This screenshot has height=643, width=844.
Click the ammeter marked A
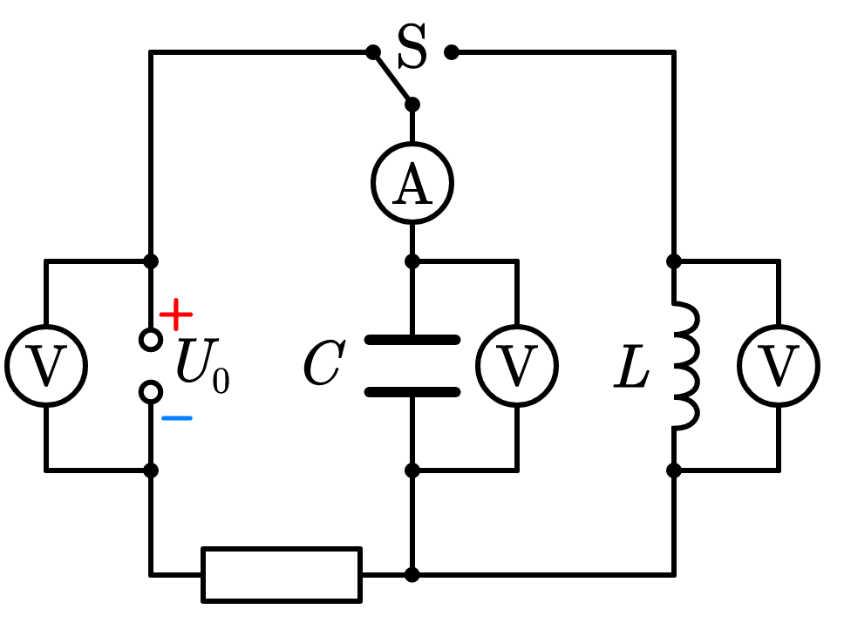[x=412, y=183]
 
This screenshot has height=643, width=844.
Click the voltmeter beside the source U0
[x=46, y=366]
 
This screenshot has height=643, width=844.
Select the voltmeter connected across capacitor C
[x=517, y=366]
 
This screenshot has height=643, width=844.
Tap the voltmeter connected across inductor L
[x=779, y=366]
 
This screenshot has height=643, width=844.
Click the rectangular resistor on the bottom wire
[x=282, y=575]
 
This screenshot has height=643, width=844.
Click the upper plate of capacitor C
[x=412, y=340]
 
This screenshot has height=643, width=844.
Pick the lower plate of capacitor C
[x=412, y=392]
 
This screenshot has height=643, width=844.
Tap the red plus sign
[x=176, y=315]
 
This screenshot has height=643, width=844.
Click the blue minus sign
[x=176, y=418]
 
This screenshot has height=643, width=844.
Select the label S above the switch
[x=412, y=46]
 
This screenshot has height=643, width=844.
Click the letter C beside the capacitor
[x=324, y=362]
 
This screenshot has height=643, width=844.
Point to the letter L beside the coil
[x=632, y=366]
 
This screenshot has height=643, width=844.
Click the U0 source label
[x=203, y=366]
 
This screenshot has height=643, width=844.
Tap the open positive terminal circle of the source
[x=151, y=340]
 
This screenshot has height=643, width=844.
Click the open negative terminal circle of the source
[x=151, y=392]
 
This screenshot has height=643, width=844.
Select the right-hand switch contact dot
[x=452, y=52]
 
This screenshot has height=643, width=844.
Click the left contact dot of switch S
[x=373, y=52]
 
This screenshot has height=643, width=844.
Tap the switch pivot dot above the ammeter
[x=412, y=105]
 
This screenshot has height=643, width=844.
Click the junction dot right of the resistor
[x=412, y=575]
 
